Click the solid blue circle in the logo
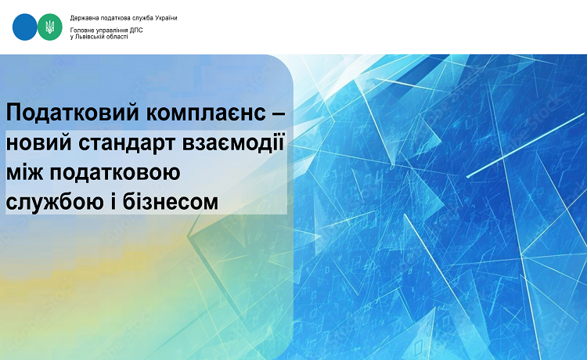tap(25, 27)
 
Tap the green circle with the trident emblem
tap(50, 27)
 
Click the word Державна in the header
tap(81, 18)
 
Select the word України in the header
tap(167, 18)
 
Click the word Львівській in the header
tap(88, 37)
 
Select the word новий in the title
tap(38, 142)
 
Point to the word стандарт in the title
tap(128, 144)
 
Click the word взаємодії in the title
tap(233, 142)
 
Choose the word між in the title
tap(25, 173)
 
